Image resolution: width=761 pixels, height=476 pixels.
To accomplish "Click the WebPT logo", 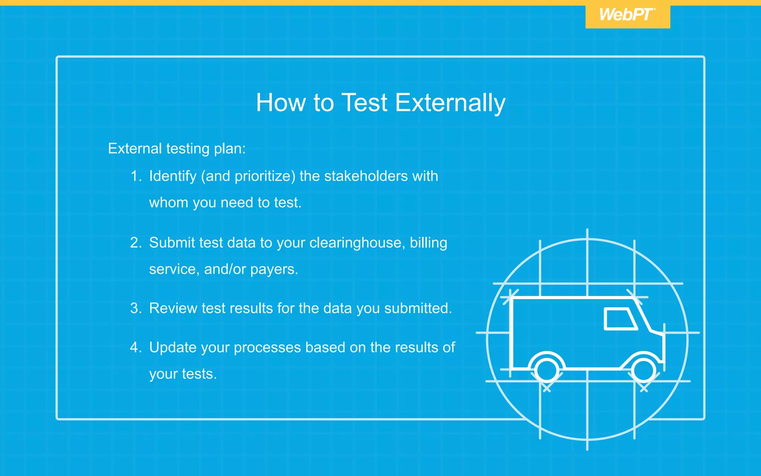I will [627, 15].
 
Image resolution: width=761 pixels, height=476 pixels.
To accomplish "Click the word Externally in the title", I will [450, 103].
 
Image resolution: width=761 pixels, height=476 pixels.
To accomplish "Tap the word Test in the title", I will [364, 103].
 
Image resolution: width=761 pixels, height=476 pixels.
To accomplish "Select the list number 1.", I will [136, 176].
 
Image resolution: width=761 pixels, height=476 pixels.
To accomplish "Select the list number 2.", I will [136, 243].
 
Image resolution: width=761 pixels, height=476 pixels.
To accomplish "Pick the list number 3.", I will [136, 309].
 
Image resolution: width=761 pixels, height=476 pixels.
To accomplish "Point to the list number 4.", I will [136, 348].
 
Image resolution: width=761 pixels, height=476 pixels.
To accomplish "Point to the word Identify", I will [173, 176].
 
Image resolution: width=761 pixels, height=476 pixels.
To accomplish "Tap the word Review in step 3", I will [173, 309].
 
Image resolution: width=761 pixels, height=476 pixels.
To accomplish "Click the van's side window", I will [620, 319].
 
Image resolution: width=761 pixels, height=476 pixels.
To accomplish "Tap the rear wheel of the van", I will [547, 370].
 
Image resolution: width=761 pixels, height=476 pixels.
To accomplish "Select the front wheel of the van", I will [644, 370].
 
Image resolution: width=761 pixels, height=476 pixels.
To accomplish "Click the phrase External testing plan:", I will [177, 149].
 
